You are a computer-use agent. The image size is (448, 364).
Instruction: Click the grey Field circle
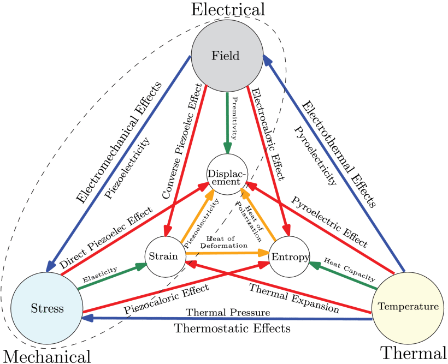(x=226, y=55)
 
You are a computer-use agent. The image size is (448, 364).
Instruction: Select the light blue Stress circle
(x=46, y=308)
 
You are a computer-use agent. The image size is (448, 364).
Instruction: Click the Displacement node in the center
(x=227, y=175)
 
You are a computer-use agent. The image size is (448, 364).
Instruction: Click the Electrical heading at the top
(x=227, y=9)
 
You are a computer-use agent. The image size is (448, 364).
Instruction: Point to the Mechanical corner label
(x=46, y=355)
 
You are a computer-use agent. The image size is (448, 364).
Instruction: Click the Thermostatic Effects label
(x=232, y=329)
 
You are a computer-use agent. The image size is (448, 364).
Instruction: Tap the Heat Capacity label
(x=346, y=267)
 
